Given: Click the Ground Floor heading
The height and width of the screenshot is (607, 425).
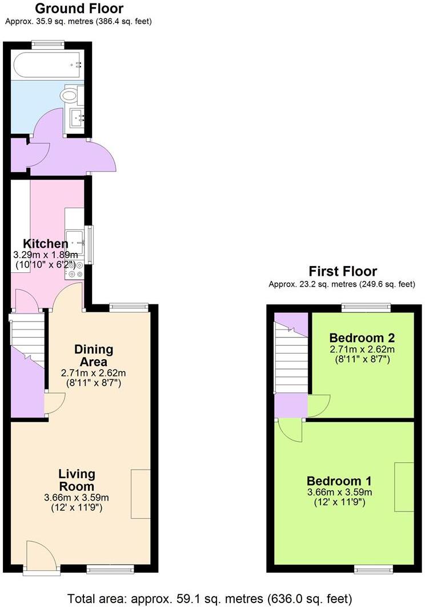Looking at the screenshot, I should coord(79,9).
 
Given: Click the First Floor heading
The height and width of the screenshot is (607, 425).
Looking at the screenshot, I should coord(343,271).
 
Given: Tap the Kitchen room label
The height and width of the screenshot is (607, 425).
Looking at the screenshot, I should coord(46,244).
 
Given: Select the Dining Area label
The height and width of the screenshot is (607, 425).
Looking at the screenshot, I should coord(94,355).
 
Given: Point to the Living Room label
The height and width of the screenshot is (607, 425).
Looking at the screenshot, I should coord(77,480).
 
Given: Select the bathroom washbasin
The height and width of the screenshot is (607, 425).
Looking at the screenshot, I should coord(77,118).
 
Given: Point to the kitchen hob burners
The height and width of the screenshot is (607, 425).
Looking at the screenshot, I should coord(75,270).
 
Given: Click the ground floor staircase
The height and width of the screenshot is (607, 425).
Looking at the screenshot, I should coord(27,340).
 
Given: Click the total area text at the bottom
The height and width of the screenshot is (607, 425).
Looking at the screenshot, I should coord(209,598).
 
